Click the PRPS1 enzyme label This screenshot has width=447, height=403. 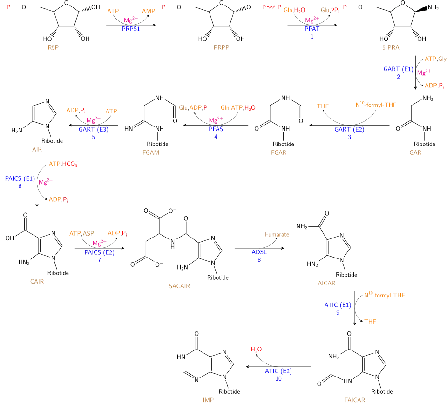coord(131,29)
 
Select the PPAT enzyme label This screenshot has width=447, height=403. coord(312,29)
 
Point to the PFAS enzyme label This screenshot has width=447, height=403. coord(216,129)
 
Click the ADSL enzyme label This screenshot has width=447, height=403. coord(259,252)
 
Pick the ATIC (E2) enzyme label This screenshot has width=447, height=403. coord(278,371)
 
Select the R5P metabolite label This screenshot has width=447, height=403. coord(52,48)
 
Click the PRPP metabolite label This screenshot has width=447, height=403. coord(222,48)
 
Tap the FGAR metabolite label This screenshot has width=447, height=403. coord(151,152)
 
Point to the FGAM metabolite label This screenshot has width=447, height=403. coord(278,152)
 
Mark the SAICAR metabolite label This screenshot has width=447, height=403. coord(179,286)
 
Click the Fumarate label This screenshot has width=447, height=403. coord(278,234)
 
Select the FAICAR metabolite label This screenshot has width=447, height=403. coord(354,399)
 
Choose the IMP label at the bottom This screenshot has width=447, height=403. coord(209,399)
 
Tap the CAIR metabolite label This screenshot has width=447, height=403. coord(37,282)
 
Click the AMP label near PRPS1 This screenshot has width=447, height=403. coord(149,11)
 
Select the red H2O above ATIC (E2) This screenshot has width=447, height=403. coord(256,350)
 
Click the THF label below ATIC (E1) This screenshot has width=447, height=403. coord(370,322)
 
